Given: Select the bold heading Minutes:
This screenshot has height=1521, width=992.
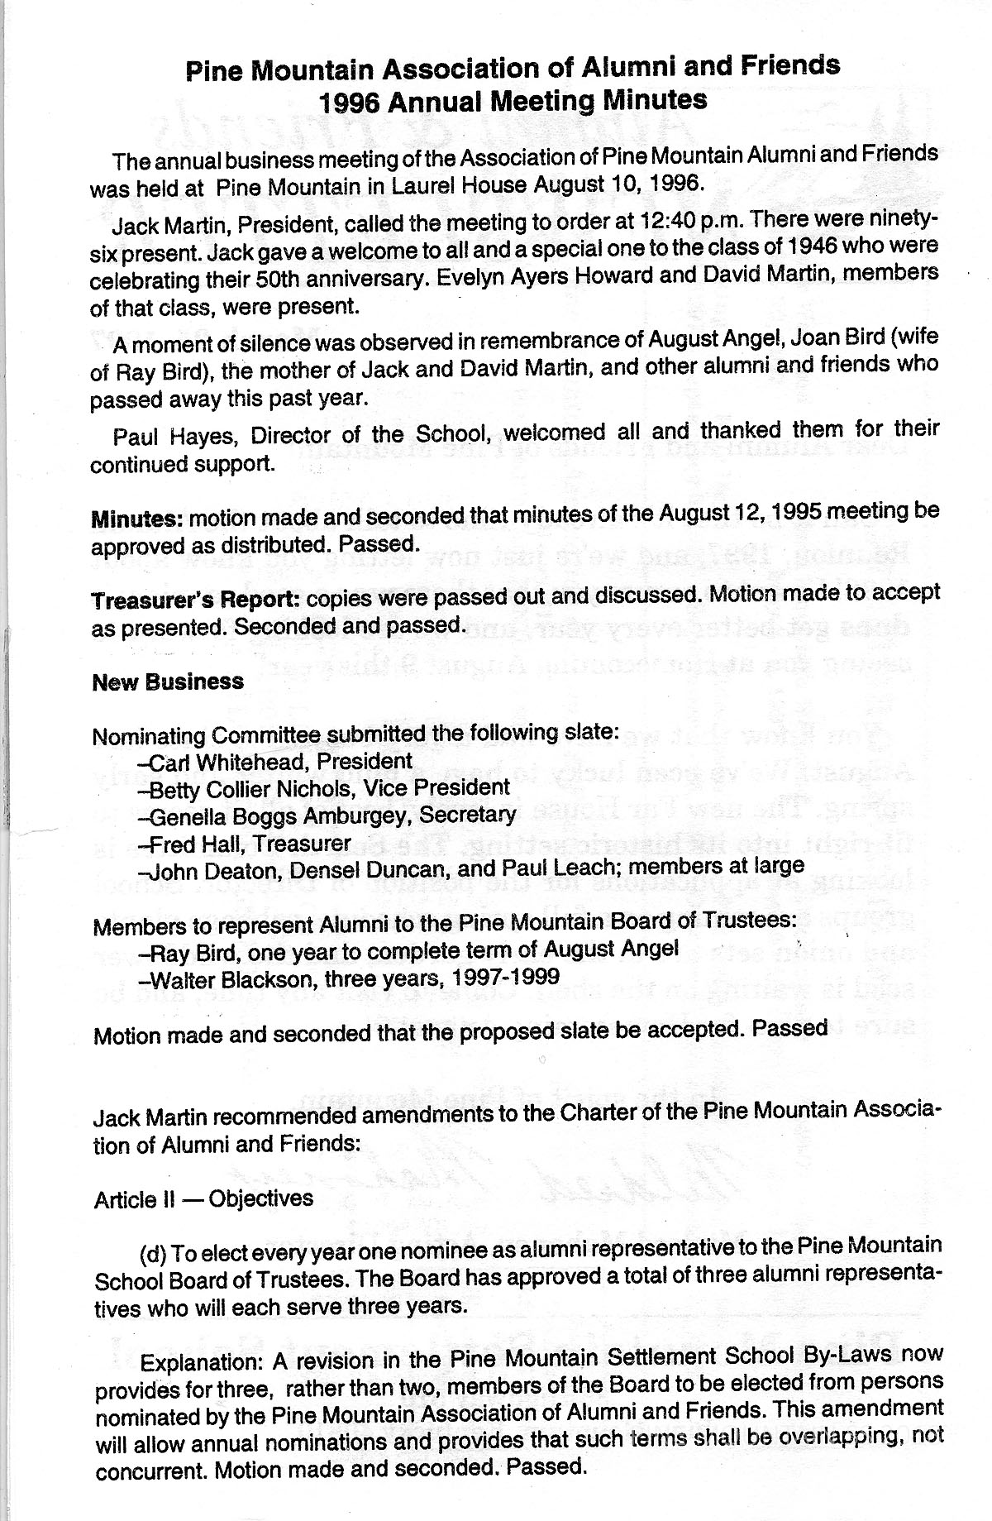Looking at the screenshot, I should click(137, 520).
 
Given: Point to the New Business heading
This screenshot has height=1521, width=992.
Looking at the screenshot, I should click(168, 682).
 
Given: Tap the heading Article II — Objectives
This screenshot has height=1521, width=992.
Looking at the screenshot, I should click(203, 1198).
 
